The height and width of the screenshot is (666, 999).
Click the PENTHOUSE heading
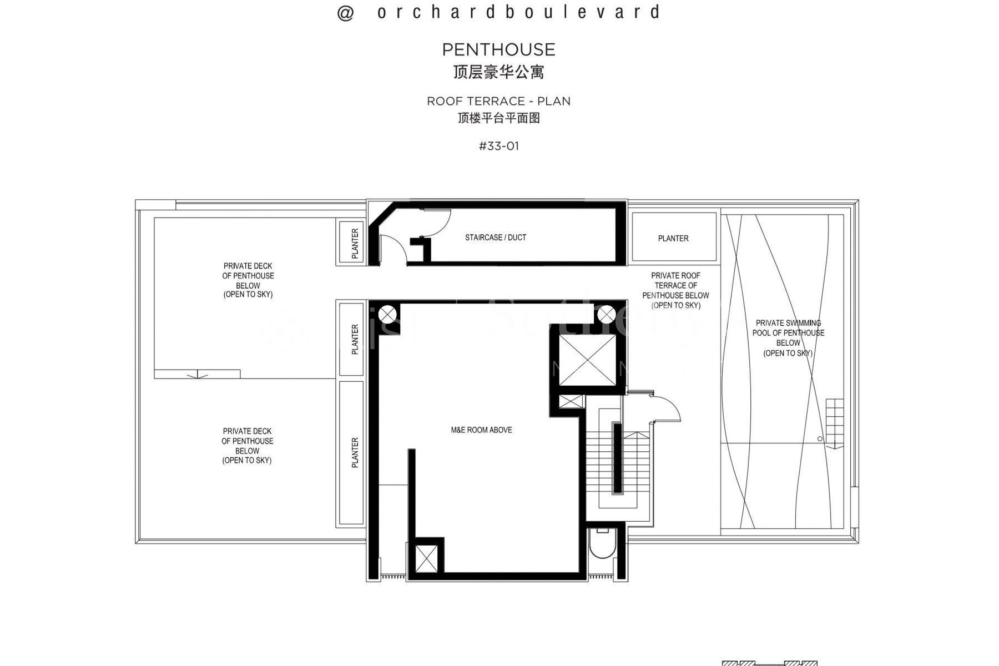498,50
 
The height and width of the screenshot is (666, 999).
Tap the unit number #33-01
498,147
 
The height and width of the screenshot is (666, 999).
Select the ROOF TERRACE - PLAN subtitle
498,101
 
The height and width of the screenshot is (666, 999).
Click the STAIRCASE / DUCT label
495,238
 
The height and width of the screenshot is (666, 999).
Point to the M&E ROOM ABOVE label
481,430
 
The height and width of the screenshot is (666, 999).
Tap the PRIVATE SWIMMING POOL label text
788,337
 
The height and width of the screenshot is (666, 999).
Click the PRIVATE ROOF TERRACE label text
675,290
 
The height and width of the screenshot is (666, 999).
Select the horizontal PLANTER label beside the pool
673,239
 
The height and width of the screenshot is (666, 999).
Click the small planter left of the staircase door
355,243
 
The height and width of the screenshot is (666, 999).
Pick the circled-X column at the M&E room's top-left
388,315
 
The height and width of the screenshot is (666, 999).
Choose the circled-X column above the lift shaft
604,315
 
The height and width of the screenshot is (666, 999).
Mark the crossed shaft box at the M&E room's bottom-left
426,558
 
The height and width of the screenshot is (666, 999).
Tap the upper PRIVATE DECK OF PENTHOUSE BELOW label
248,280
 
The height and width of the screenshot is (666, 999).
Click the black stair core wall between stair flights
616,458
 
